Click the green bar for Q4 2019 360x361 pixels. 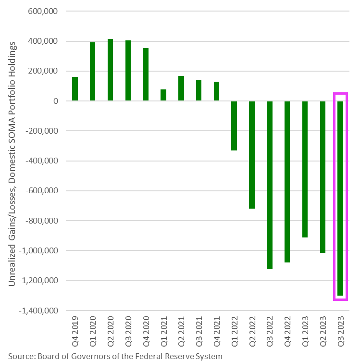[x=75, y=89]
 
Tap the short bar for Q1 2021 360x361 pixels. [x=163, y=95]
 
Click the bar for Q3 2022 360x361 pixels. [x=270, y=185]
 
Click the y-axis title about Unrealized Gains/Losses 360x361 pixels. [x=12, y=163]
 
